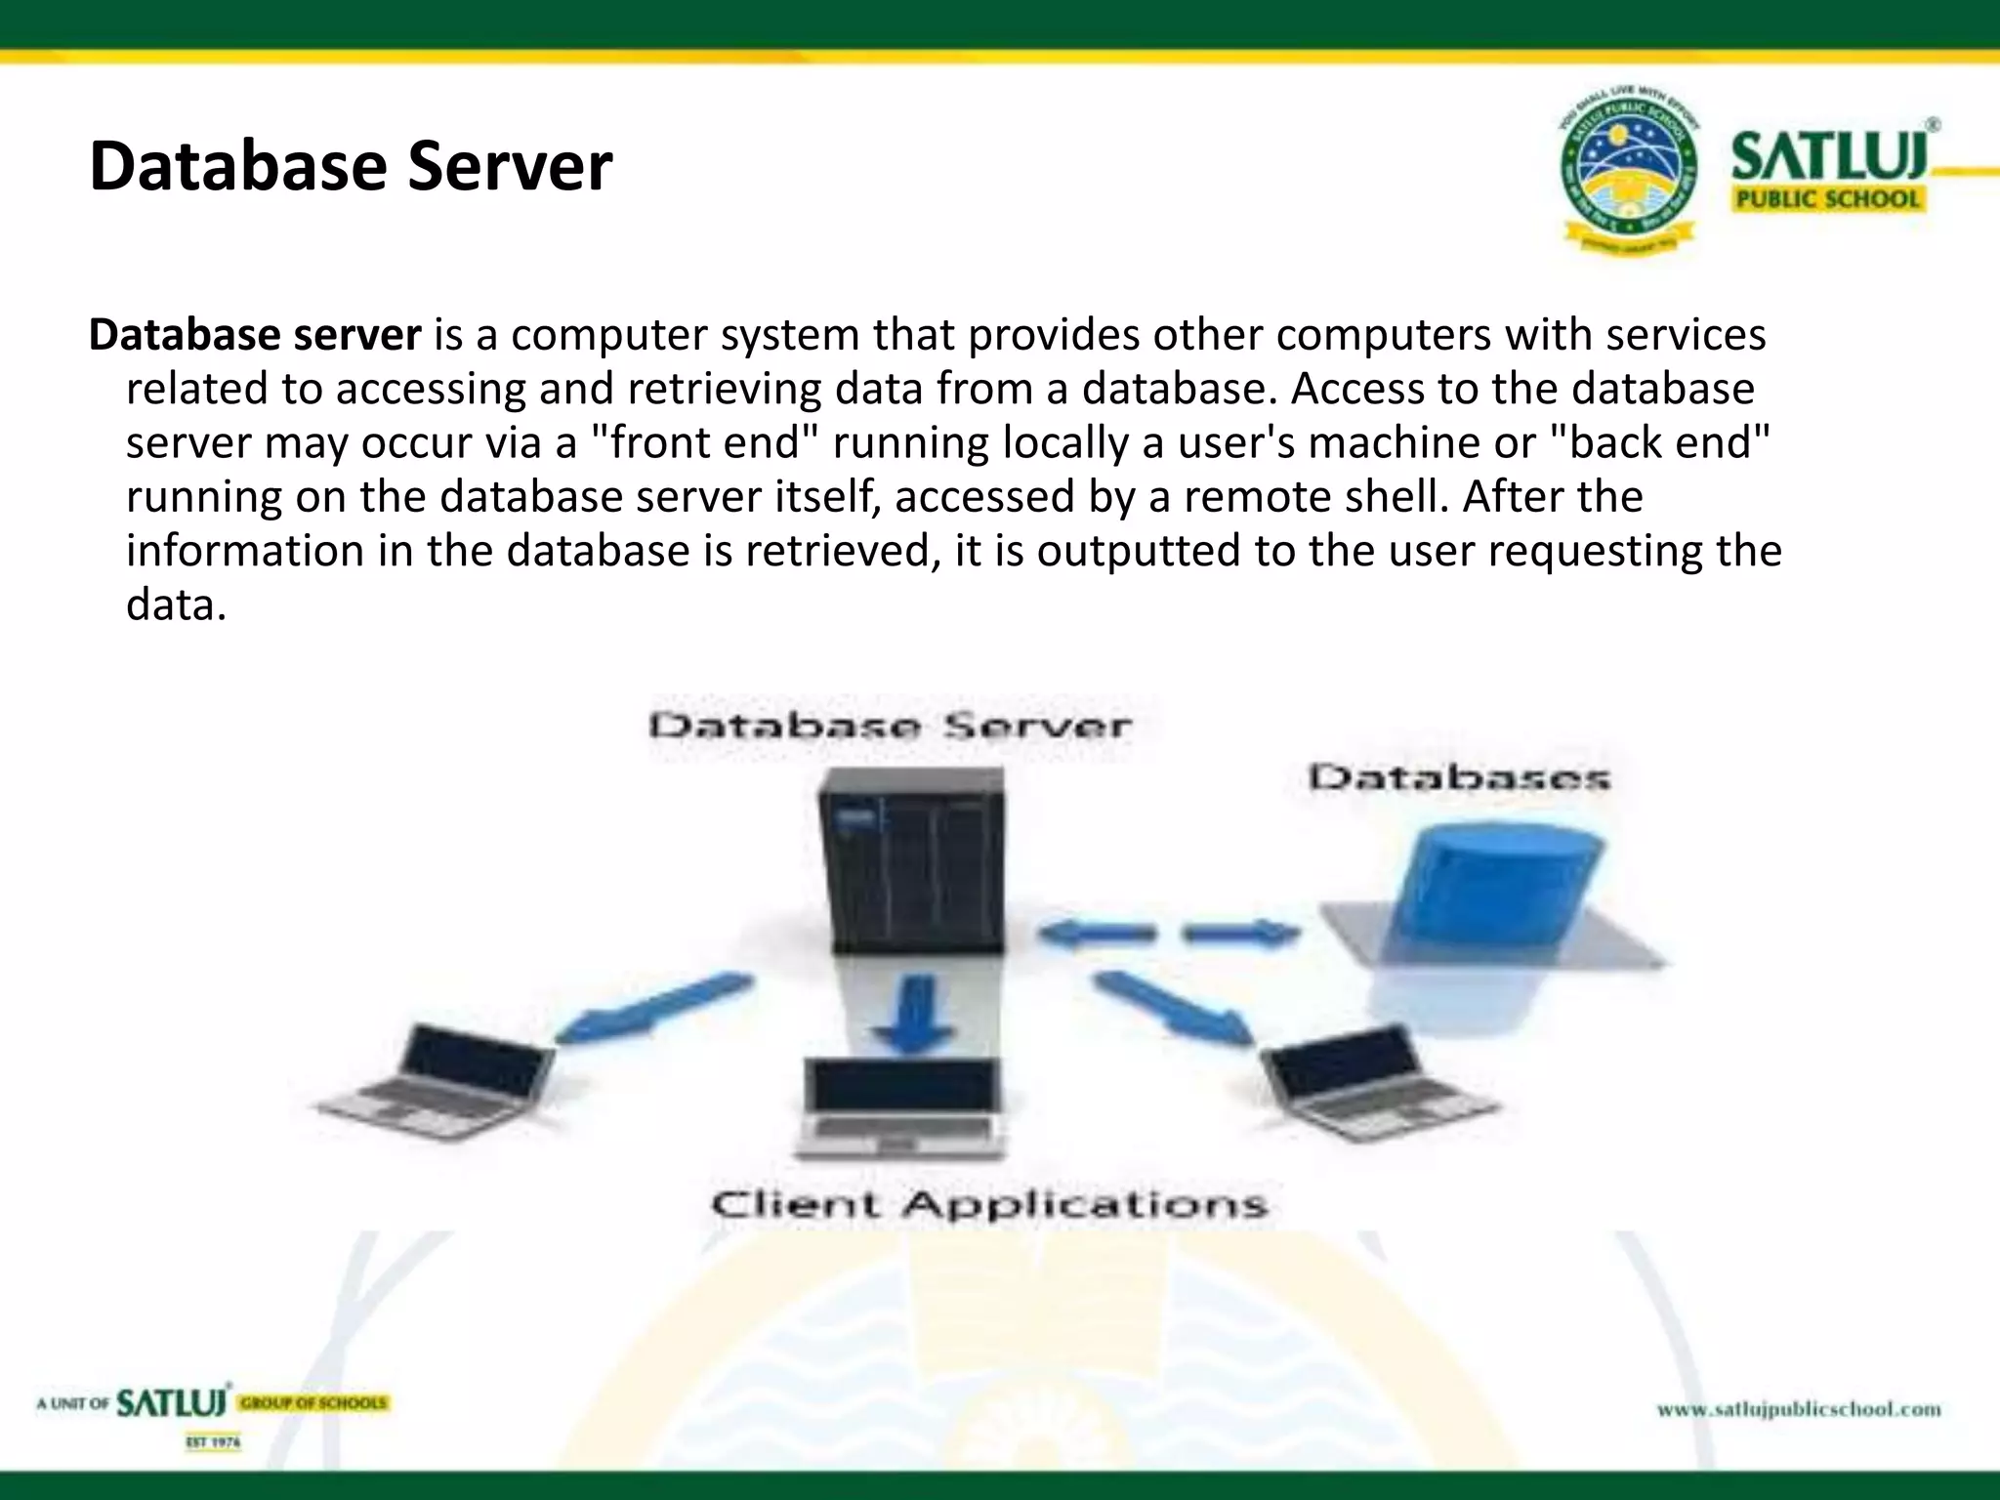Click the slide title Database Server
[350, 166]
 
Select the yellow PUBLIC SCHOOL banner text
[1826, 199]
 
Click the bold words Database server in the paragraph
[255, 335]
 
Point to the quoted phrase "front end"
[703, 442]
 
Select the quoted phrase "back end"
[1660, 442]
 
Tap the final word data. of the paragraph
[176, 604]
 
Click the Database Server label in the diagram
[890, 726]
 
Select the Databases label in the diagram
[1458, 778]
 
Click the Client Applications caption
[988, 1203]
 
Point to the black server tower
[911, 859]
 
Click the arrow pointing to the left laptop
[654, 1006]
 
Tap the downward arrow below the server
[914, 1016]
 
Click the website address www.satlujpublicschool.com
[1798, 1409]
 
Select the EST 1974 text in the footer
[213, 1442]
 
